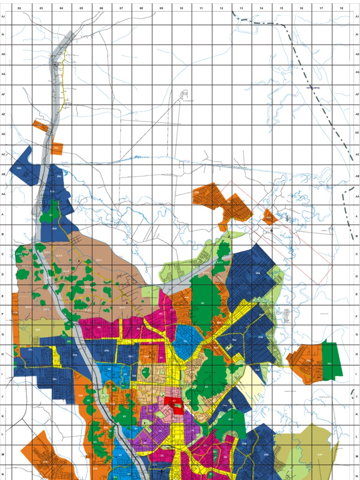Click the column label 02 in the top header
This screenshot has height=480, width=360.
pos(19,8)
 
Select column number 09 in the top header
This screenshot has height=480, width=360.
pos(161,8)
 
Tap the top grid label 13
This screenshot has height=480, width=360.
pos(241,8)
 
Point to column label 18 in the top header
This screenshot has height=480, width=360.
pos(341,8)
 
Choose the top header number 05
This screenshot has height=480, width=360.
pos(81,8)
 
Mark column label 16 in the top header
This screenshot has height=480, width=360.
pos(301,8)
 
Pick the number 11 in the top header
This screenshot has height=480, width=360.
pos(201,8)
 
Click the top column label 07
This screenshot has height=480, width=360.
pos(121,8)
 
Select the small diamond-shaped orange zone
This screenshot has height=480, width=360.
pos(270,217)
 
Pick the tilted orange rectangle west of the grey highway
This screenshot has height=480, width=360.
pos(41,126)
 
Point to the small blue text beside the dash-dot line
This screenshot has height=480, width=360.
pos(313,88)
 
